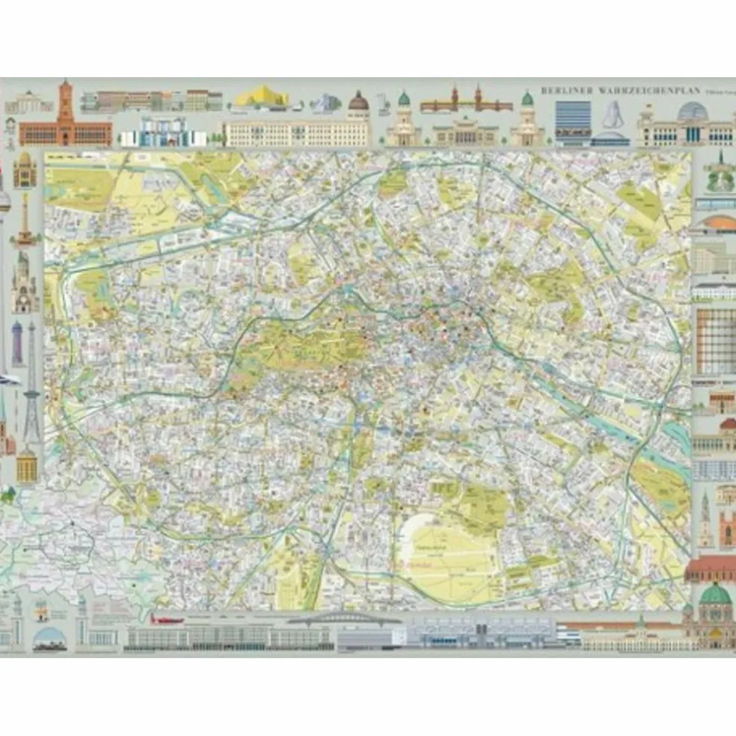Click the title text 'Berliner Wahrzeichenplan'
point(620,91)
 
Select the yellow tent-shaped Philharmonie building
point(261,98)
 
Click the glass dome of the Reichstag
point(692,112)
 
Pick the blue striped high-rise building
point(572,119)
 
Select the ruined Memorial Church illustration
point(24,284)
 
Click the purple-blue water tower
point(16,344)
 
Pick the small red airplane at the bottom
point(166,619)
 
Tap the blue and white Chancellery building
point(161,133)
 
